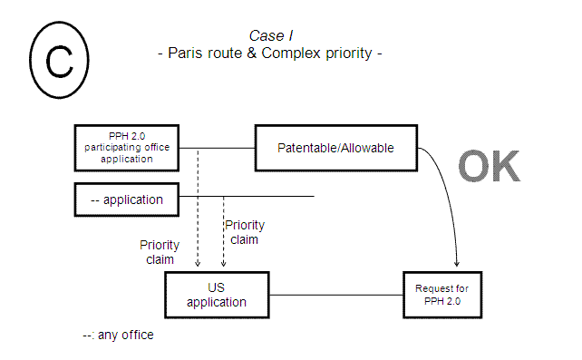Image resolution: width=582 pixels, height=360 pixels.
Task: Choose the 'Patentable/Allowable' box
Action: pos(336,147)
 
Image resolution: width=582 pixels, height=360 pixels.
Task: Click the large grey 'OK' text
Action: pos(490,167)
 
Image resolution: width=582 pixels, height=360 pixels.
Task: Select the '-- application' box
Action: pos(127,199)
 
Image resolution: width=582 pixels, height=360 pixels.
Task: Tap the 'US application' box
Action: pos(217,295)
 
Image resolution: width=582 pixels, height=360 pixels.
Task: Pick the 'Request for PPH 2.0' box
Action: pos(441,295)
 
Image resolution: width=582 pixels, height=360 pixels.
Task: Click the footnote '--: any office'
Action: pos(118,335)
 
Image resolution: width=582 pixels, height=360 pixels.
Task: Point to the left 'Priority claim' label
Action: pos(159,252)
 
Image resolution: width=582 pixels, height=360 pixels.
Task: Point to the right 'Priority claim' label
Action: pos(245,232)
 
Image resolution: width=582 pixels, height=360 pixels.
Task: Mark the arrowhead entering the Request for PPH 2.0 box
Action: pos(456,264)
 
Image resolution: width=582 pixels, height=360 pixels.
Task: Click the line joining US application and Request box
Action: pos(335,295)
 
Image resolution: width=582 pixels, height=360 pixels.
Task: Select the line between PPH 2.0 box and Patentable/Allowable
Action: pos(218,147)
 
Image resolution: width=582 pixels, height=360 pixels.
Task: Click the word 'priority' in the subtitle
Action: pos(342,53)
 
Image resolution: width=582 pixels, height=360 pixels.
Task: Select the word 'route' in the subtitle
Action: pos(234,53)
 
